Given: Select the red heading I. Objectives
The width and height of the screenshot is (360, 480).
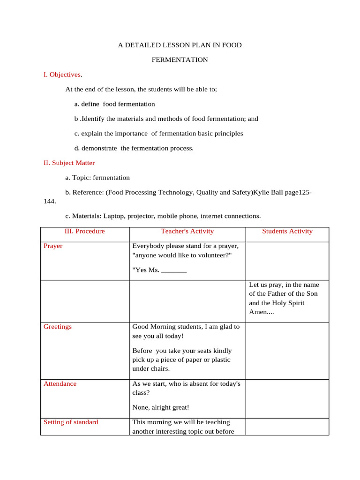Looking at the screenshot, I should click(62, 75).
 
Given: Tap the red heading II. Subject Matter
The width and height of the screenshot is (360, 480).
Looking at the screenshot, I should click(69, 163).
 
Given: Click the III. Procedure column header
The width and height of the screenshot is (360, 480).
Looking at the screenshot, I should click(84, 231).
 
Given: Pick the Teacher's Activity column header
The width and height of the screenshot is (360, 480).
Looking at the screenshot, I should click(187, 231).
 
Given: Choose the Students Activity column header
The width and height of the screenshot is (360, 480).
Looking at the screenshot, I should click(287, 231).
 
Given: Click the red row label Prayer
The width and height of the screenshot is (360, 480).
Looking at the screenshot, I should click(53, 246).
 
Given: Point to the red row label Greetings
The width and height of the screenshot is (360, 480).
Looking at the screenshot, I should click(58, 327).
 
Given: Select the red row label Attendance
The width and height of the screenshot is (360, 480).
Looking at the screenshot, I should click(60, 383).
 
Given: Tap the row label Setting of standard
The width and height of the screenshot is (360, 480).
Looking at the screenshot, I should click(71, 422).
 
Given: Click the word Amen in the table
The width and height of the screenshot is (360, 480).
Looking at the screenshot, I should click(258, 312).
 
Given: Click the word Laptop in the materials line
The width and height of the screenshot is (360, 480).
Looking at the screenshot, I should click(113, 216).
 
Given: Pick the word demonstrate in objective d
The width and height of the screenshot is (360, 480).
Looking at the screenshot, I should click(100, 148).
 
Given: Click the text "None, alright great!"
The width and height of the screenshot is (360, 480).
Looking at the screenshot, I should click(161, 407).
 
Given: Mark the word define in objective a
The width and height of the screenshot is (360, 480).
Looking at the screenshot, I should click(90, 104).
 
